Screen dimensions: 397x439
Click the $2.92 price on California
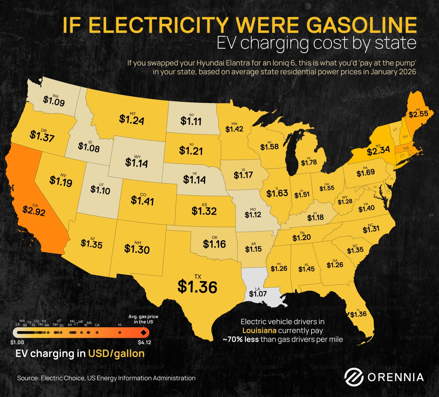point(34,211)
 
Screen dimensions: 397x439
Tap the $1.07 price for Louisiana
point(258,294)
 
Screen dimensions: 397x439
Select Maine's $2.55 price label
point(418,114)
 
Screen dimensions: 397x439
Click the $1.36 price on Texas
point(197,287)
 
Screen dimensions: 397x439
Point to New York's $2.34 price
point(378,151)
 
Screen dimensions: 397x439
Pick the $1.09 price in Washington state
point(54,101)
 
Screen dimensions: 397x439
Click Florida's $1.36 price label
point(358,314)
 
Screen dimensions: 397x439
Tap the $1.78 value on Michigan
point(309,163)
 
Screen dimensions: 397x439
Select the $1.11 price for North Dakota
point(191,121)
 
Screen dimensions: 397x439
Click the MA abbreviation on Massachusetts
point(406,148)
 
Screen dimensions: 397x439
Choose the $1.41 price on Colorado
point(142,201)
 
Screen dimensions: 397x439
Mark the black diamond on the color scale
point(143,333)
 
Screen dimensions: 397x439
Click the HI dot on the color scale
point(120,333)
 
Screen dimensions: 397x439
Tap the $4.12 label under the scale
point(144,342)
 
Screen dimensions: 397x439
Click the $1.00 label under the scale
point(17,342)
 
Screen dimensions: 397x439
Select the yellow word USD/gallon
point(116,354)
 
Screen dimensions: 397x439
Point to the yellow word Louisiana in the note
point(259,331)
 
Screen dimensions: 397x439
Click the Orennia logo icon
point(354,377)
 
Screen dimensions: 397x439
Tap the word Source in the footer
point(28,378)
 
